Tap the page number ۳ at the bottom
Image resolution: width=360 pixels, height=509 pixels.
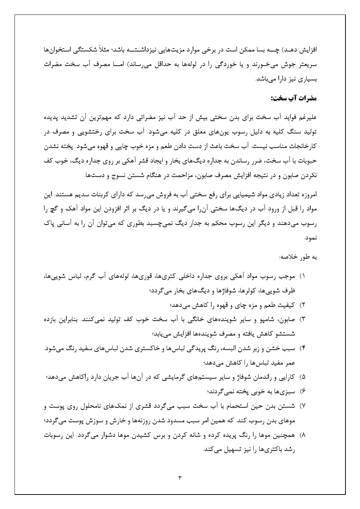pyautogui.click(x=180, y=477)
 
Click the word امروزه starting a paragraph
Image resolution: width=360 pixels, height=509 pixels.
pyautogui.click(x=308, y=195)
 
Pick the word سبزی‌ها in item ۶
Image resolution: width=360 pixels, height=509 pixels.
pyautogui.click(x=287, y=391)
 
